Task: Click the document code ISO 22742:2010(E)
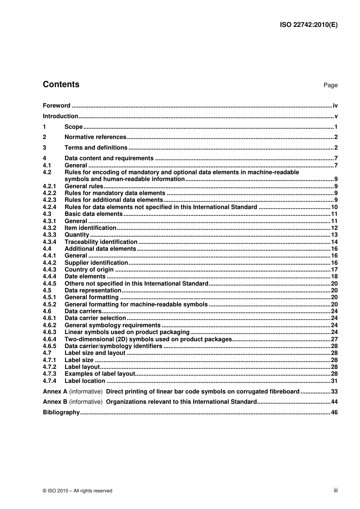(x=308, y=25)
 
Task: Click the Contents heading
(x=61, y=84)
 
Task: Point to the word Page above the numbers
(x=330, y=85)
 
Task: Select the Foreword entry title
(x=56, y=106)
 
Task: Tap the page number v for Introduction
(x=336, y=116)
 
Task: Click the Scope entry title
(x=74, y=127)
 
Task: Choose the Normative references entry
(x=95, y=137)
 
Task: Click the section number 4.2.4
(x=49, y=207)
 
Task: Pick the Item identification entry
(x=90, y=228)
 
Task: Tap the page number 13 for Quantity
(x=334, y=235)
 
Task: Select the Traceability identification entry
(x=101, y=242)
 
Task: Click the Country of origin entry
(x=89, y=270)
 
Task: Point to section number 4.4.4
(x=49, y=276)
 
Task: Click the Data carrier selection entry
(x=95, y=318)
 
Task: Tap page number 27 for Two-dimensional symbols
(x=334, y=339)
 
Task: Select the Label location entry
(x=85, y=381)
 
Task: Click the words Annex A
(x=55, y=392)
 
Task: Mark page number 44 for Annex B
(x=334, y=402)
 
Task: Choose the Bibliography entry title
(x=61, y=412)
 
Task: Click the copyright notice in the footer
(x=78, y=491)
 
